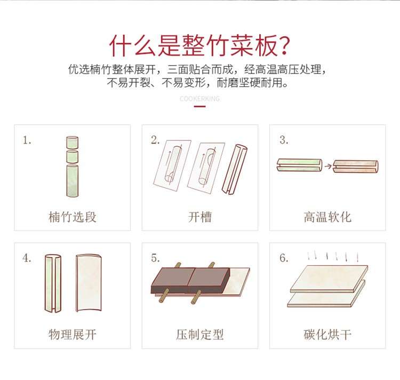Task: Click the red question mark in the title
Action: click(x=283, y=46)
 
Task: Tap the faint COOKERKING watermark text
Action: click(x=200, y=99)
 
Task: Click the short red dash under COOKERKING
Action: click(x=200, y=106)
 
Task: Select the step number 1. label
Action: click(x=27, y=140)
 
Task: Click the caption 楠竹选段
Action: click(x=73, y=217)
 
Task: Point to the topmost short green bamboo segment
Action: click(x=72, y=142)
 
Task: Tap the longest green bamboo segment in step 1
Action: click(x=73, y=181)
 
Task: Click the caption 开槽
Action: click(x=200, y=217)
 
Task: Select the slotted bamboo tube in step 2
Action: click(x=234, y=170)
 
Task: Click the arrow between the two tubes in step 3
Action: click(x=328, y=166)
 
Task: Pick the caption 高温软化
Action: click(x=327, y=217)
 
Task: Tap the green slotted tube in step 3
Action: click(x=300, y=165)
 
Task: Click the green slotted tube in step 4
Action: click(x=53, y=283)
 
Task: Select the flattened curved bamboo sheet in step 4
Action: click(x=89, y=283)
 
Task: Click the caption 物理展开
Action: click(x=73, y=334)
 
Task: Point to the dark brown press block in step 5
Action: click(x=190, y=280)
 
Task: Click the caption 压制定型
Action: click(x=200, y=334)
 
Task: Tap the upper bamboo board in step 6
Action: click(x=329, y=279)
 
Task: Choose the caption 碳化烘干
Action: click(x=327, y=334)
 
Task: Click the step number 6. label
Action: click(x=284, y=258)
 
